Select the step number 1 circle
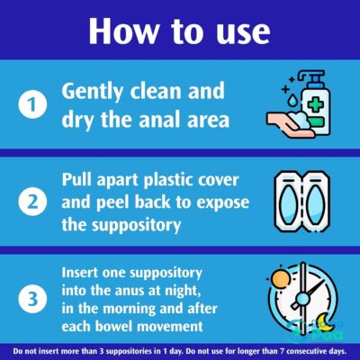click(x=31, y=104)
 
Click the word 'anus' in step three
click(x=129, y=285)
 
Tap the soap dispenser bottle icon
click(x=310, y=90)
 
